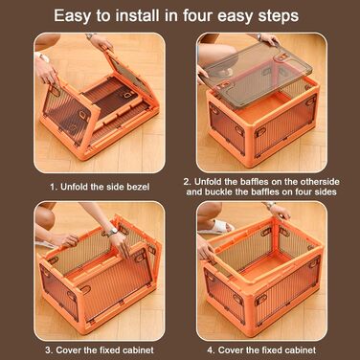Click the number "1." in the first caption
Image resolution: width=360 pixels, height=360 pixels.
point(54,187)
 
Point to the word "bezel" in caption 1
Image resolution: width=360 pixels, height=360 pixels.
point(138,187)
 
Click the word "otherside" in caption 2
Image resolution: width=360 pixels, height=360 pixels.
point(318,182)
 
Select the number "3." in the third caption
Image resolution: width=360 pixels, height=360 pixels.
point(49,350)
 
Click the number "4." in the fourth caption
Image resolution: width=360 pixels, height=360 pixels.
point(212,350)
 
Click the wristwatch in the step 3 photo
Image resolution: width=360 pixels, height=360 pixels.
point(112,232)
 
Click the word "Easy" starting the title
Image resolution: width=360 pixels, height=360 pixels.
point(71,16)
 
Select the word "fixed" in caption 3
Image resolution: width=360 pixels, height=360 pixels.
point(109,350)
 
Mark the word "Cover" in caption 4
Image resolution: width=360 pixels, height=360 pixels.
point(231,350)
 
